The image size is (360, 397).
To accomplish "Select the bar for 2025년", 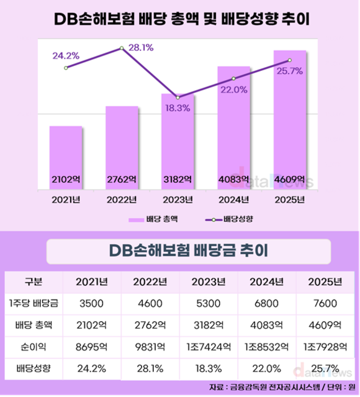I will (x=289, y=118).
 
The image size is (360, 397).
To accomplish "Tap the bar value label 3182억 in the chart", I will (x=178, y=180).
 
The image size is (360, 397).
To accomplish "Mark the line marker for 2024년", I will (x=233, y=78).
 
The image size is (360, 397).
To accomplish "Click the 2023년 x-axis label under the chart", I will (x=178, y=199).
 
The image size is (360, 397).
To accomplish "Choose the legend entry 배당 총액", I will (x=153, y=219).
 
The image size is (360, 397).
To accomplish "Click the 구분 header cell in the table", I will (x=32, y=281).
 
